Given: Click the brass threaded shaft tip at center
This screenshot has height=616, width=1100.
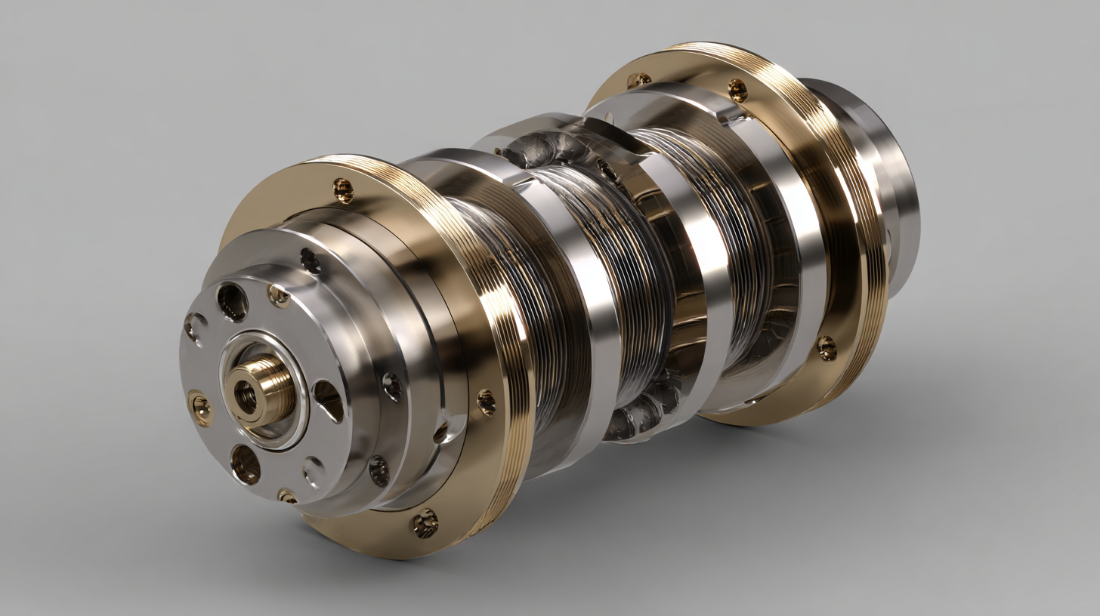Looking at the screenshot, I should [261, 389].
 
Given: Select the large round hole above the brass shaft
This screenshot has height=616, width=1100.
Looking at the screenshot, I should [232, 301].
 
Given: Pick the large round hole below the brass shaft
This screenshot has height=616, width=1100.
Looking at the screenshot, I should [246, 464].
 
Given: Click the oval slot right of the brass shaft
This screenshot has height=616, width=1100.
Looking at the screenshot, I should [327, 400].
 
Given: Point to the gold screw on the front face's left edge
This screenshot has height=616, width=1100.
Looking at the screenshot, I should [199, 408].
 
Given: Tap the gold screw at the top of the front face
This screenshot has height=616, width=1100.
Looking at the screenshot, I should [278, 295].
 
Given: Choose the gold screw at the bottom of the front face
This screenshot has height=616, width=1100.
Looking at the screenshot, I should [287, 496].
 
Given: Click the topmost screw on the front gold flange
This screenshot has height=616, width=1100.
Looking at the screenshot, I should [343, 190].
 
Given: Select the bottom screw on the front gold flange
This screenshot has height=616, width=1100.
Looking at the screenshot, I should [425, 522].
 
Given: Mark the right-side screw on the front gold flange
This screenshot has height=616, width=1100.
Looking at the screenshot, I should [486, 401].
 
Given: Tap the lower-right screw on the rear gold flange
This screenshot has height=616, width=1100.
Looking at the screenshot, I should [827, 347].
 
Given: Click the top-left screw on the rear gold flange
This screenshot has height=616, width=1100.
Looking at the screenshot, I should [638, 80].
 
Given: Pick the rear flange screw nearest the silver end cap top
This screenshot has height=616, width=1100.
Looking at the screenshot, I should [737, 91].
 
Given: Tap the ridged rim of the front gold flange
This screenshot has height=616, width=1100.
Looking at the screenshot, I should [506, 317].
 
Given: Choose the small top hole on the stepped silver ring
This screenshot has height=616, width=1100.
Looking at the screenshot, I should [310, 260].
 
